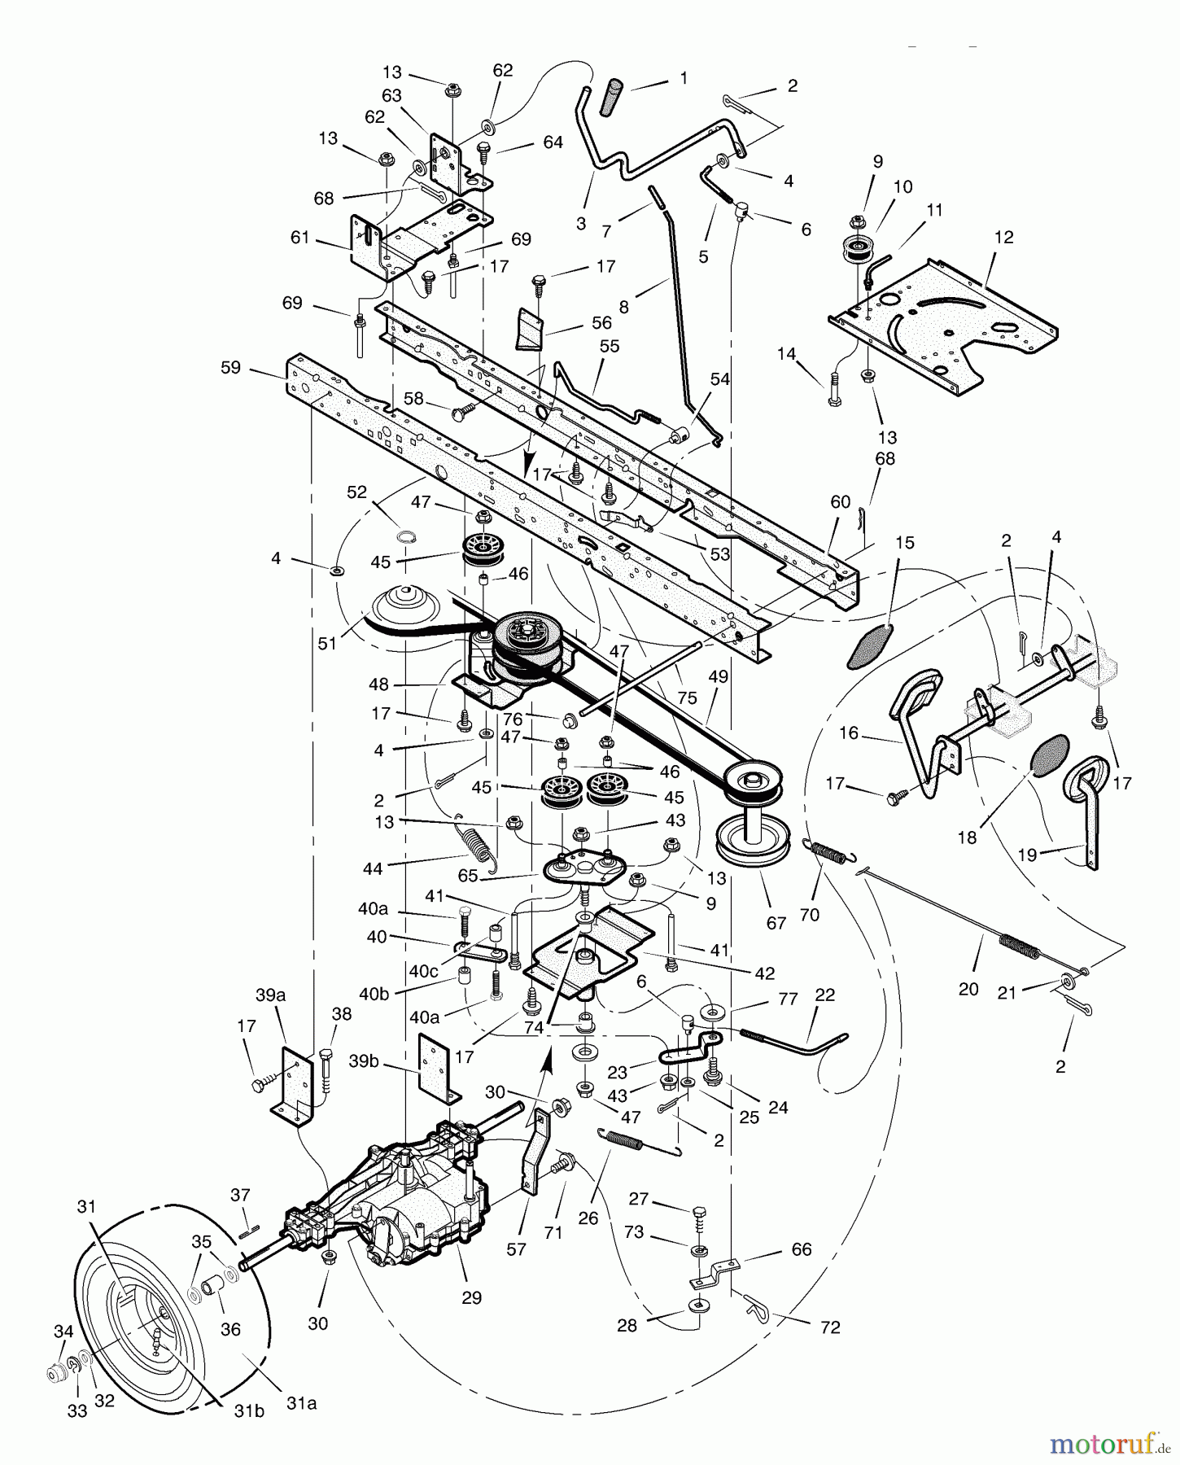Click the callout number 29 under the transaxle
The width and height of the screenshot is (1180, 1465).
click(471, 1298)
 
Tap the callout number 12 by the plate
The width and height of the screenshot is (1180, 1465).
click(1003, 237)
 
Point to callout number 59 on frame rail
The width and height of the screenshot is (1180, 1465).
click(231, 368)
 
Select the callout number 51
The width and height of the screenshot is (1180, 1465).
click(327, 643)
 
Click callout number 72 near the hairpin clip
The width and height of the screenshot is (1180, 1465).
click(830, 1327)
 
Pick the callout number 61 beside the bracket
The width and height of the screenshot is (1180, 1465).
click(300, 237)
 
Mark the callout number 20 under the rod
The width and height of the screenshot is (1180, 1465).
click(968, 990)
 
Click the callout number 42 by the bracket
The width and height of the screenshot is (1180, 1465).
click(764, 973)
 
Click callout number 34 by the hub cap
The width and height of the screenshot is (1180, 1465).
click(63, 1332)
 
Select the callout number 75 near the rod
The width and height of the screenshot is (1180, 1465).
click(688, 698)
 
